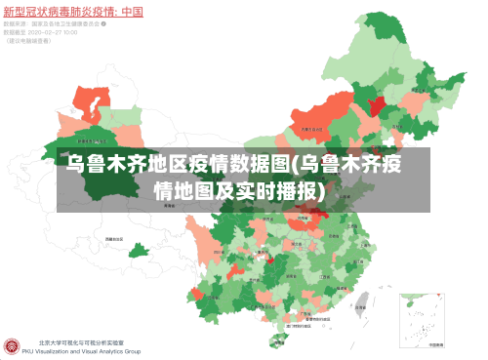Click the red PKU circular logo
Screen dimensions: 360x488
(x=13, y=346)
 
